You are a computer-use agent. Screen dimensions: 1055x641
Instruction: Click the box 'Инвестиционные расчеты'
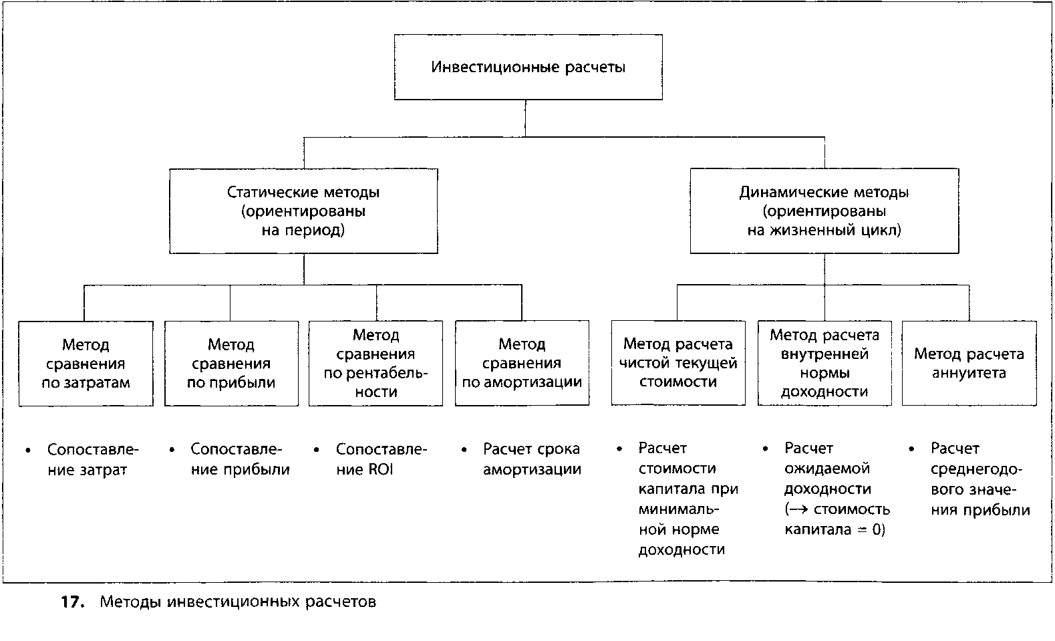pyautogui.click(x=529, y=67)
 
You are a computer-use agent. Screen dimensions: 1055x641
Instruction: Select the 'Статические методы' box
pyautogui.click(x=304, y=211)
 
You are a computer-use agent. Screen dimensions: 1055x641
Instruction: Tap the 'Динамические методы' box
pyautogui.click(x=824, y=211)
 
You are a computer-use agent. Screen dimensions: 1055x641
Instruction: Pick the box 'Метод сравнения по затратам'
pyautogui.click(x=86, y=364)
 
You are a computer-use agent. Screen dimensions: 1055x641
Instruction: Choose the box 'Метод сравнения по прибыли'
pyautogui.click(x=231, y=364)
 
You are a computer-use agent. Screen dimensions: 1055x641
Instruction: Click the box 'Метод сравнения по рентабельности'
pyautogui.click(x=376, y=364)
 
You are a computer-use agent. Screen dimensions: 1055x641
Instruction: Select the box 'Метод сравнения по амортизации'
pyautogui.click(x=522, y=363)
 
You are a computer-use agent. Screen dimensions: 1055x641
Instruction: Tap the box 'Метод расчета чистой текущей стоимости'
pyautogui.click(x=678, y=363)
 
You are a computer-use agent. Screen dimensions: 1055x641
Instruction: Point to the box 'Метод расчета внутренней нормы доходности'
pyautogui.click(x=824, y=364)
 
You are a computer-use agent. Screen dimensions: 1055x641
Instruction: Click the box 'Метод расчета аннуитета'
pyautogui.click(x=969, y=364)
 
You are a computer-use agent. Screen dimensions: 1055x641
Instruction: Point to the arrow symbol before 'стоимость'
pyautogui.click(x=799, y=509)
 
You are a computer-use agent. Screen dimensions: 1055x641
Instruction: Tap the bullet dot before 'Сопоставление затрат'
pyautogui.click(x=28, y=450)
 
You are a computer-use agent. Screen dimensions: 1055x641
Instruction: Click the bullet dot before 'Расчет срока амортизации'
pyautogui.click(x=464, y=450)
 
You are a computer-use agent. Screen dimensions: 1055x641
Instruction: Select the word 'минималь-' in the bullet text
pyautogui.click(x=679, y=509)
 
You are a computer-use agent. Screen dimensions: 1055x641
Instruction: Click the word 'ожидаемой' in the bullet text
pyautogui.click(x=827, y=469)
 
